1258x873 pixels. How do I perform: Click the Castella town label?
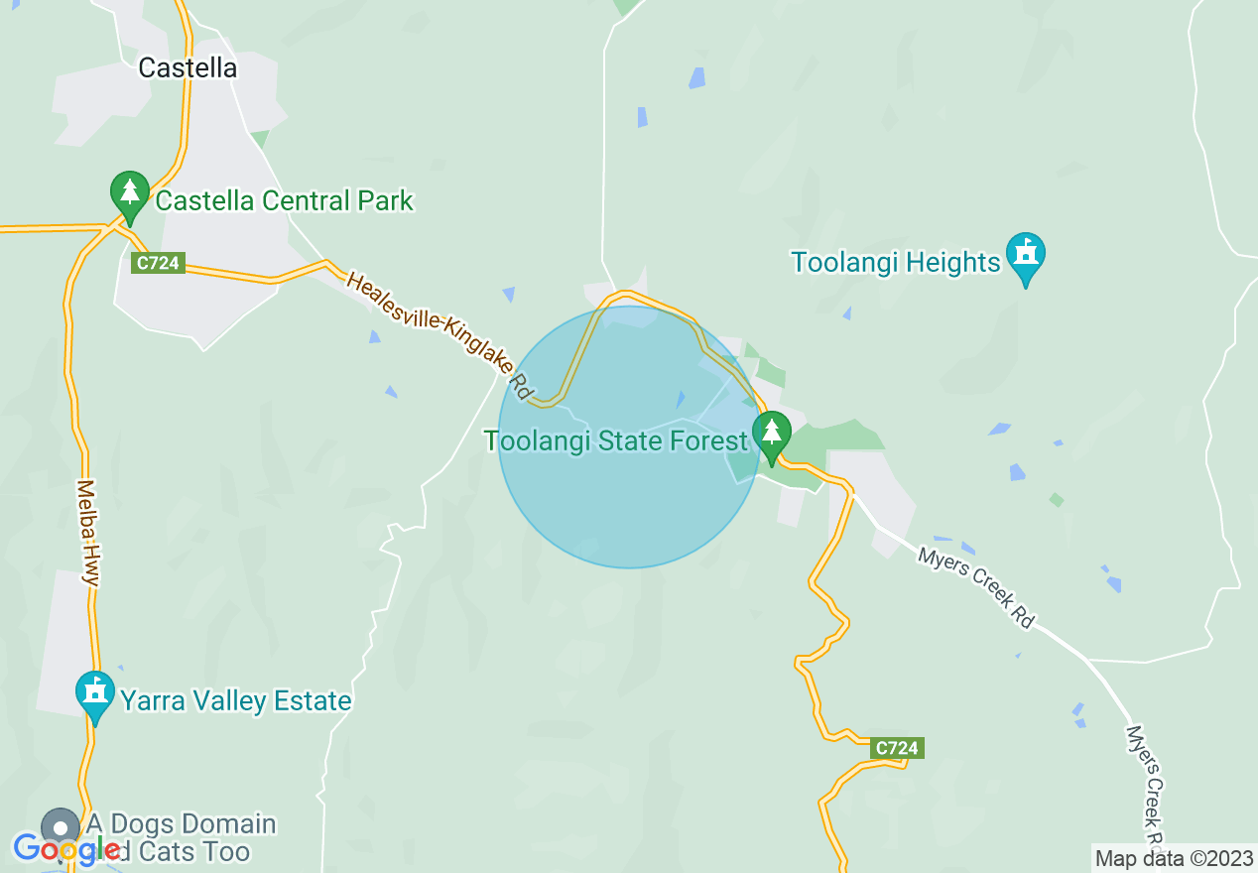pos(188,67)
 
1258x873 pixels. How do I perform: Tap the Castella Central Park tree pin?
pos(129,195)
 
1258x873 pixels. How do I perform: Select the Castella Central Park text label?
pos(285,200)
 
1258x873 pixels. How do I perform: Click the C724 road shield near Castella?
pos(159,263)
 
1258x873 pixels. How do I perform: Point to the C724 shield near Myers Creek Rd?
pos(897,748)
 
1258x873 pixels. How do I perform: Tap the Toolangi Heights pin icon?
pos(1026,257)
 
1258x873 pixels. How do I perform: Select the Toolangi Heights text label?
pos(896,262)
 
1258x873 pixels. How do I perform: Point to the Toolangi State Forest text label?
pos(615,440)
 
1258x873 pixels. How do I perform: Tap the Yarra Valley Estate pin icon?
pos(96,694)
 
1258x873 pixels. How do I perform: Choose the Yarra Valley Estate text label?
pos(236,701)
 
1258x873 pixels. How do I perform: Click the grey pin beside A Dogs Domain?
pos(62,826)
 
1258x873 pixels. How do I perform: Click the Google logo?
pos(66,849)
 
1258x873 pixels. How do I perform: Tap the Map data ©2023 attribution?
pos(1175,858)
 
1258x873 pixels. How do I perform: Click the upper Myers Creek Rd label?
pos(975,586)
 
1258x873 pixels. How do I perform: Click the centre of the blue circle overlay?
pos(629,436)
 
